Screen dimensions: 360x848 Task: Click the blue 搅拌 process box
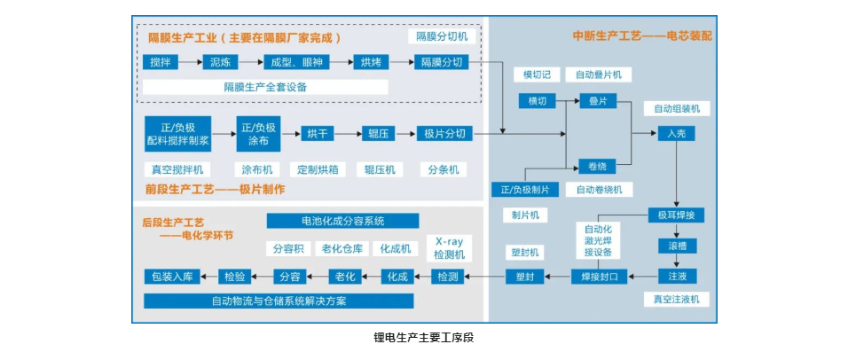click(x=160, y=62)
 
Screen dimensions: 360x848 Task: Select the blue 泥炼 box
click(x=218, y=62)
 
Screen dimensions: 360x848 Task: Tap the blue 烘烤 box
click(x=370, y=62)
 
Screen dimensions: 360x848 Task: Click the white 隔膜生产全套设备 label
click(x=265, y=87)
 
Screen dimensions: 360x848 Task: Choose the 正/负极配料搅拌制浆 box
click(x=177, y=134)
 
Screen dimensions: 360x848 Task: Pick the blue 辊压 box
click(x=377, y=134)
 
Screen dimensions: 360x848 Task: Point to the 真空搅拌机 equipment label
click(x=177, y=169)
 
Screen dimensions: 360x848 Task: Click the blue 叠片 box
click(x=597, y=101)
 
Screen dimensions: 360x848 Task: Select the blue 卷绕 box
click(x=597, y=166)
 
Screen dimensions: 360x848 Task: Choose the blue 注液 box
click(x=676, y=275)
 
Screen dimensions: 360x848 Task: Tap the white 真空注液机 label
click(x=676, y=300)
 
